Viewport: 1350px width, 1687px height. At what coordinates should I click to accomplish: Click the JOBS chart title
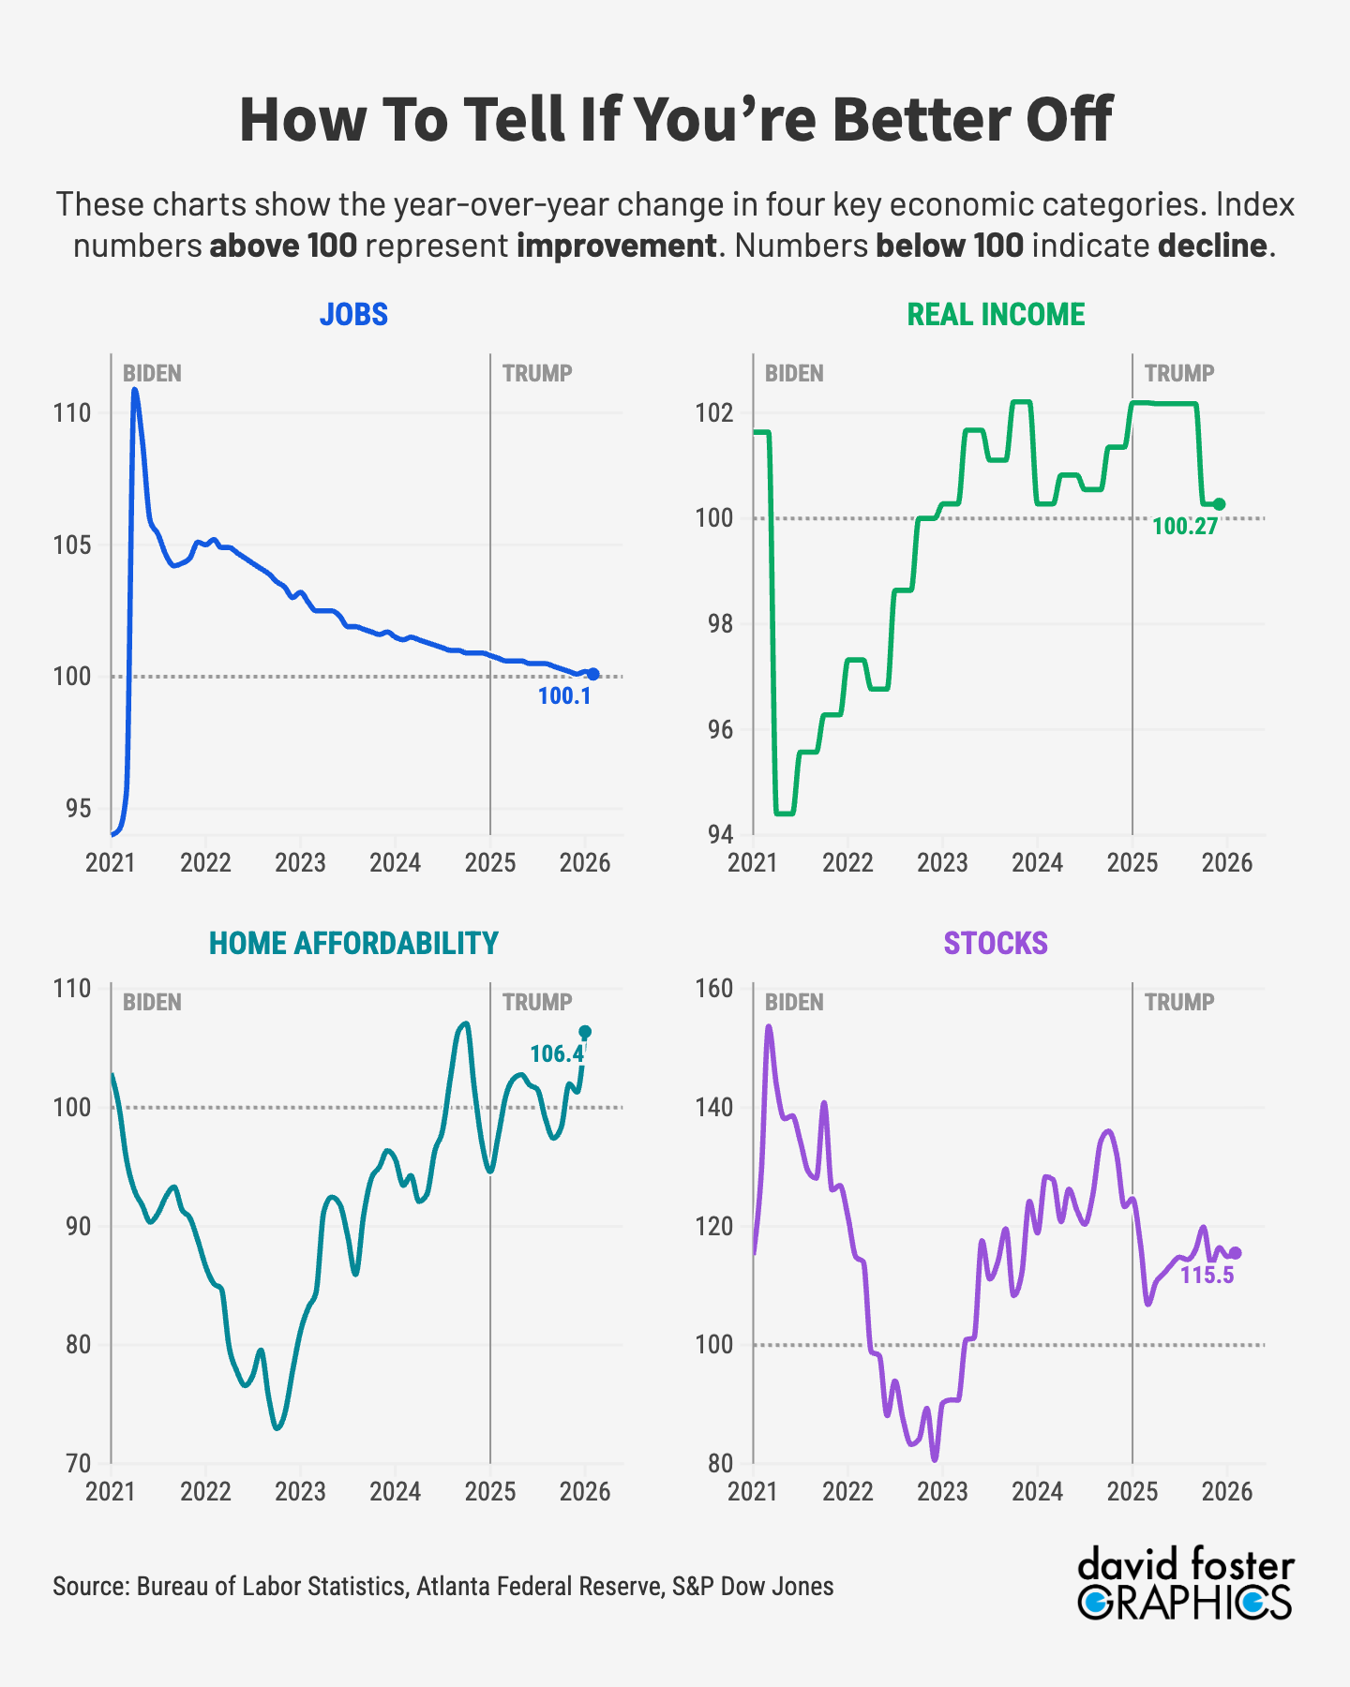(353, 314)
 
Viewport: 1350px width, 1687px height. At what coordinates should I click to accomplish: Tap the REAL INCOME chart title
(996, 314)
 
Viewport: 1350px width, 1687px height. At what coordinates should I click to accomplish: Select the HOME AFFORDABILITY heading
(353, 943)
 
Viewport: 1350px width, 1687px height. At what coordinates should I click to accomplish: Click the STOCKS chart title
(996, 943)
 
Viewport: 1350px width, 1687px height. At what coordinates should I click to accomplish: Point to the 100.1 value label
(564, 696)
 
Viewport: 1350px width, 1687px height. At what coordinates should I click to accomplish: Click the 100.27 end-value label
(1185, 527)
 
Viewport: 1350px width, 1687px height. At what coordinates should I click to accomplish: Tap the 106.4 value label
(557, 1054)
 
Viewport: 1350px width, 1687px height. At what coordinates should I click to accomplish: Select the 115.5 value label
(1207, 1276)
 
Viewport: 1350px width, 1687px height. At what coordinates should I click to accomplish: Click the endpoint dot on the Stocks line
(1236, 1253)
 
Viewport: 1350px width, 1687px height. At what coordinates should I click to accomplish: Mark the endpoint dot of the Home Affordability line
(585, 1032)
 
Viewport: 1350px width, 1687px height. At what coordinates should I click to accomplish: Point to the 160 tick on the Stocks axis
(715, 989)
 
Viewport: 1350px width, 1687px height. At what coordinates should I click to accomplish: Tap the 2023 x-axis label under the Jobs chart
(300, 863)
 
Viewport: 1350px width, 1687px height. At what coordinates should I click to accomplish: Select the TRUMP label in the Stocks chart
(1179, 1003)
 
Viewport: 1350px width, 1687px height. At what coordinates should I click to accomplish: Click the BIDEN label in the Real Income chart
(794, 374)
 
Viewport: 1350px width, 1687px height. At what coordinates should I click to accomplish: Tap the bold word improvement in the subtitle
(616, 246)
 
